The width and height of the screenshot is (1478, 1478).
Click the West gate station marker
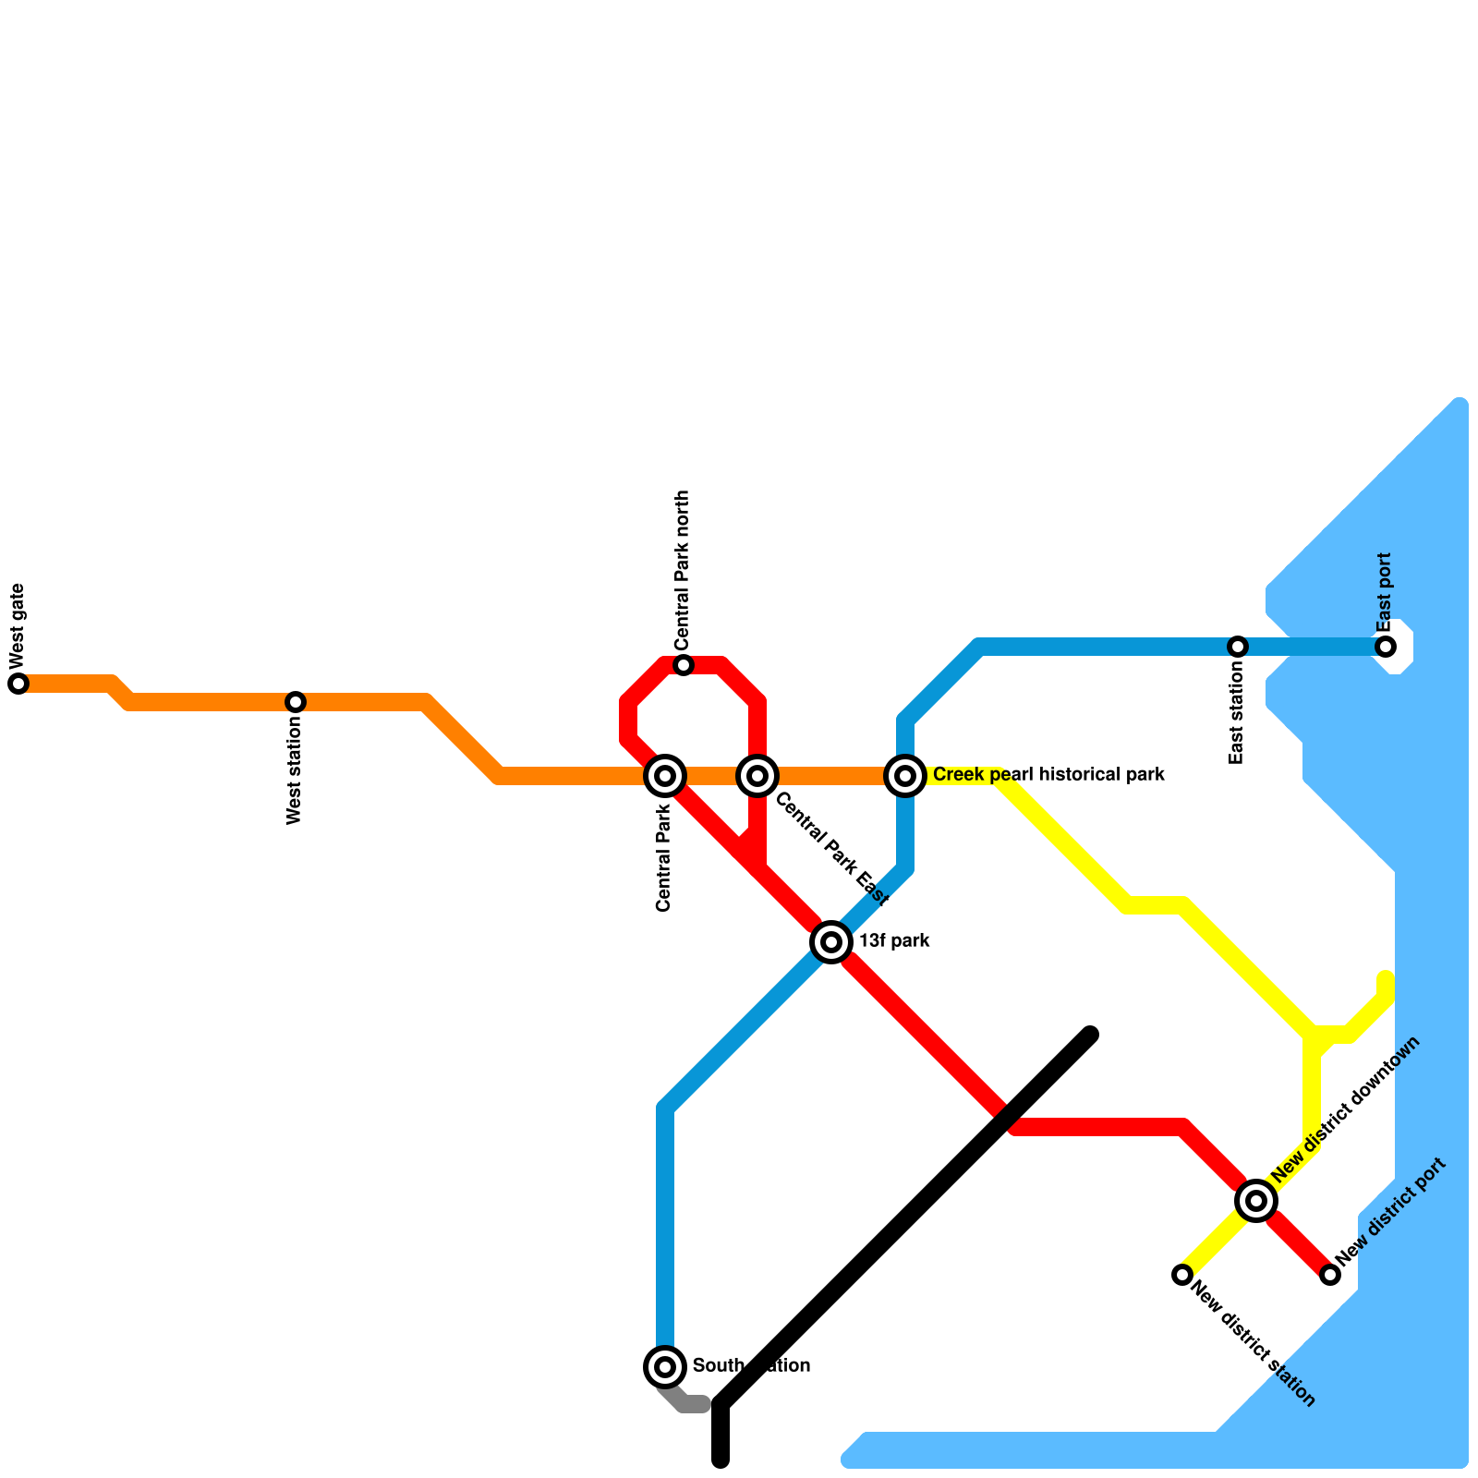point(18,684)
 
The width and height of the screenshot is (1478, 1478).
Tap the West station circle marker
point(296,702)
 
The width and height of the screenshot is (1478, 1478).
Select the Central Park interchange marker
point(665,776)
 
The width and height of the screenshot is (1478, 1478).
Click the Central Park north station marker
point(684,665)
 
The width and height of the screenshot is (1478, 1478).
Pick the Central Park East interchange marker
point(757,776)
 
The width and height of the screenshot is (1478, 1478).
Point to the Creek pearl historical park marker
point(905,776)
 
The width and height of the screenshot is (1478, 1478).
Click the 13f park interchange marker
point(831,942)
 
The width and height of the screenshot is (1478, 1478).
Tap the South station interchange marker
point(665,1366)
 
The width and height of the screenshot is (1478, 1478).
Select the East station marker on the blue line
point(1238,647)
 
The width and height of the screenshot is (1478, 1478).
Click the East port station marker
point(1386,647)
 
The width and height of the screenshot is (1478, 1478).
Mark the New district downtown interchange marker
point(1256,1201)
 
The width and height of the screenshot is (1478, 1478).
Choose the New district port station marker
point(1330,1275)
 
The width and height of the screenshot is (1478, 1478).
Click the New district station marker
point(1182,1275)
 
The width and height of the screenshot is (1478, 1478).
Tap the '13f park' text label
point(894,941)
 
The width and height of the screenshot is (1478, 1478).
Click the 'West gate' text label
point(18,625)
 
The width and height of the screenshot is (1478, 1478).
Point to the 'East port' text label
point(1384,591)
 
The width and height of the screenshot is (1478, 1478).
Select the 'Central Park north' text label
point(682,569)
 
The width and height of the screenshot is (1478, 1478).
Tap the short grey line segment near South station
point(688,1402)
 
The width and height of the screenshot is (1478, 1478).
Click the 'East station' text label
point(1237,717)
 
